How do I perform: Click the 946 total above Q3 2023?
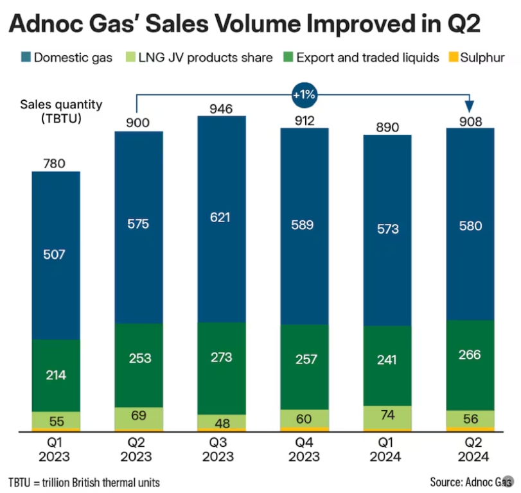221,107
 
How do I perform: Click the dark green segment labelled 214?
56,375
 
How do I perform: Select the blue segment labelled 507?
56,254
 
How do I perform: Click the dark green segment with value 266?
470,354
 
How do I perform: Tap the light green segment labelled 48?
221,422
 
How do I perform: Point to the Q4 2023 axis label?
304,450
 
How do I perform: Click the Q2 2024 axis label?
470,450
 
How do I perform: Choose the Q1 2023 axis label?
56,450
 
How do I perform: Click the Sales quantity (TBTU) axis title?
52,111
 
